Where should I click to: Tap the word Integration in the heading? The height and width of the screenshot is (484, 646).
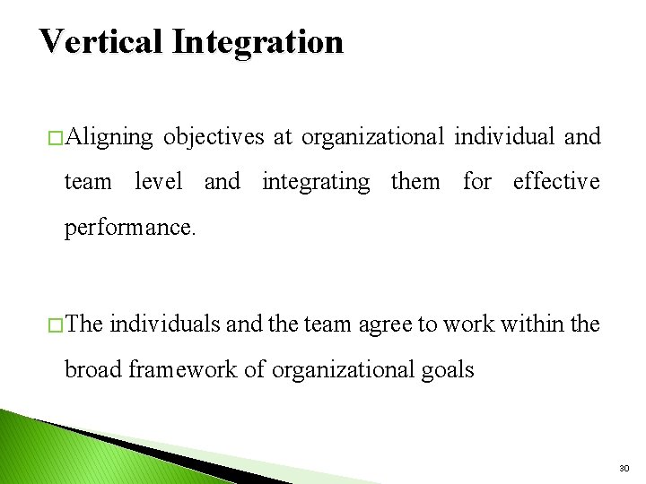coord(258,42)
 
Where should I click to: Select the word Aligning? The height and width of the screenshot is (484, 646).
coord(109,137)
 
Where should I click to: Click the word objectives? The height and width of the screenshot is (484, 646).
coord(214,136)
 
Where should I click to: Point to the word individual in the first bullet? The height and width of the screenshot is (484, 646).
coord(504,136)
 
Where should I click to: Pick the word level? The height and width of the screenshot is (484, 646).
coord(158,181)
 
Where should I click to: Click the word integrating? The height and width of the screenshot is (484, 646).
coord(316,182)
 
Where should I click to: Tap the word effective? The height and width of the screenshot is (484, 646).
coord(556,181)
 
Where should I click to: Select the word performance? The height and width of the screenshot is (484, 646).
coord(128,227)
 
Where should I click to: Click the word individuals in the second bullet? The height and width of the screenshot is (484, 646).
coord(166,324)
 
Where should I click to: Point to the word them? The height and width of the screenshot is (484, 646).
coord(415,181)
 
